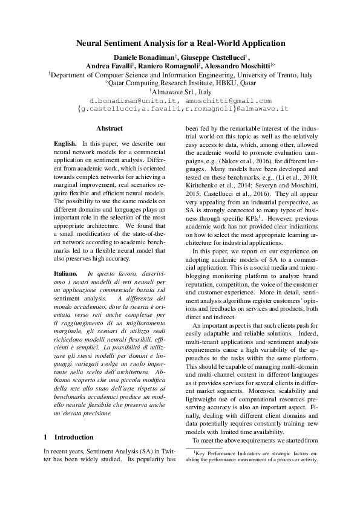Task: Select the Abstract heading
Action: (x=110, y=128)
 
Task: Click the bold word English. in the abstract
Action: (x=65, y=143)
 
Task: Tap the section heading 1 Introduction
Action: (x=68, y=436)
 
